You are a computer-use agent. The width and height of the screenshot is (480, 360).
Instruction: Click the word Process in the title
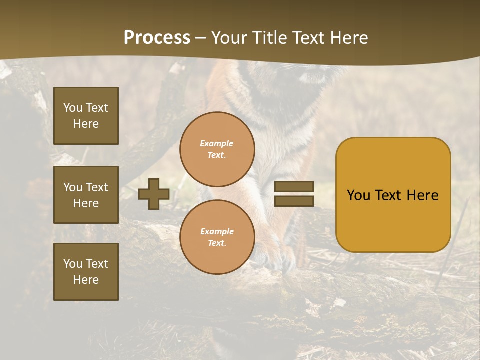[157, 38]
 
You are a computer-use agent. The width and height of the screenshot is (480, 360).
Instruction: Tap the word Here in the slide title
[348, 38]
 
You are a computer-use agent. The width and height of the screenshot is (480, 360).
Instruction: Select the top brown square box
[86, 116]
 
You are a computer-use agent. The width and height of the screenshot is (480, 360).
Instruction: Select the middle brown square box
[86, 195]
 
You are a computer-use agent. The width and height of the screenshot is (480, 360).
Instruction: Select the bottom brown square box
[86, 272]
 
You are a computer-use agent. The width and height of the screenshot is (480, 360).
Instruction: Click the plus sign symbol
[154, 194]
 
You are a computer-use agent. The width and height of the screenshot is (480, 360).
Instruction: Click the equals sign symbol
[294, 194]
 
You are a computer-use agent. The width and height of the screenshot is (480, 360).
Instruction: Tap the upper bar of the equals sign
[294, 187]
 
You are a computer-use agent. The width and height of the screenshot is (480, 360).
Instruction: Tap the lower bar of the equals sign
[294, 201]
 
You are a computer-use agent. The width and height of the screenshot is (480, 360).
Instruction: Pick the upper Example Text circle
[217, 149]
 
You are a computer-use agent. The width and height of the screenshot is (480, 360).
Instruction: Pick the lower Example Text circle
[217, 237]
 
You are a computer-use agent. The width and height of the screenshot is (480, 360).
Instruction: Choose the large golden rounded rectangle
[393, 195]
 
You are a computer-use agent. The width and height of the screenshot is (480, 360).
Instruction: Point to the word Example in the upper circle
[217, 143]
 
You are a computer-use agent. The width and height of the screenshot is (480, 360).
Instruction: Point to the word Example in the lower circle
[217, 231]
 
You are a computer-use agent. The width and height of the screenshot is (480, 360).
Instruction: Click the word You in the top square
[73, 108]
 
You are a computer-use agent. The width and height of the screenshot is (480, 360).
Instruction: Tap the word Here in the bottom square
[86, 280]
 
